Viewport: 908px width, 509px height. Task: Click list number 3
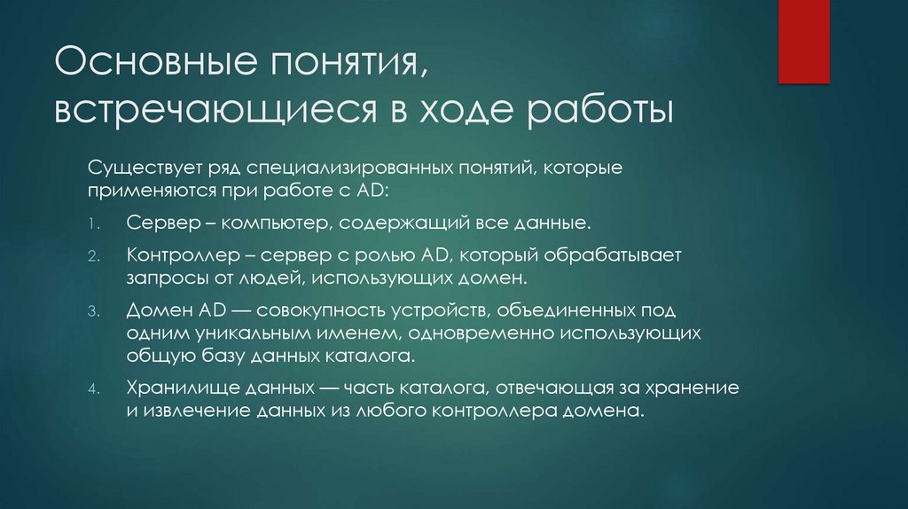pyautogui.click(x=92, y=313)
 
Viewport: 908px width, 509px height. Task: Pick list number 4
pyautogui.click(x=92, y=390)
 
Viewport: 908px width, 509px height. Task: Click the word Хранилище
pyautogui.click(x=174, y=389)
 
